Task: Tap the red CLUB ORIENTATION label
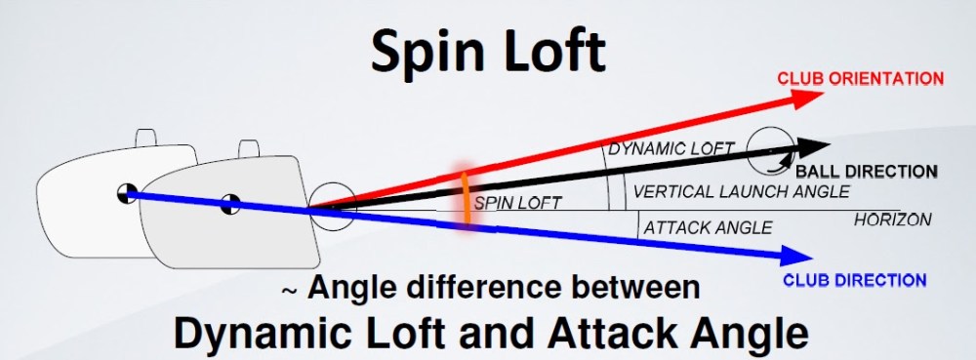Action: click(x=860, y=78)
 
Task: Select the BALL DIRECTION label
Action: click(x=866, y=172)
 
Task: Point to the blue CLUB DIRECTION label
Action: click(x=855, y=280)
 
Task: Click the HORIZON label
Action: click(x=892, y=220)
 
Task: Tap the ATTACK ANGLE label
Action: click(x=708, y=227)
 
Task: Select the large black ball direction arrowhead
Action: click(x=811, y=148)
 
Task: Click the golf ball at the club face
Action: click(x=326, y=207)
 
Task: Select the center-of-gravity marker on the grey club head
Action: click(x=230, y=204)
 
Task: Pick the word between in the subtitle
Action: click(x=631, y=289)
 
